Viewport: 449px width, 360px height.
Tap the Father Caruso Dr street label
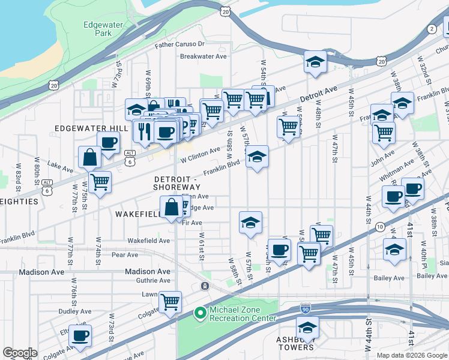click(x=179, y=44)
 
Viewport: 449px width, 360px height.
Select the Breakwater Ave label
click(x=203, y=56)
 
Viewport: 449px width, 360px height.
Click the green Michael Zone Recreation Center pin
click(x=200, y=313)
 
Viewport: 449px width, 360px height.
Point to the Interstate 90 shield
click(x=305, y=308)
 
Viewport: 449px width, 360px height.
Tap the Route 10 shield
click(x=380, y=226)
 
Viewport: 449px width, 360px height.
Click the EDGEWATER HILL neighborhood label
click(x=91, y=129)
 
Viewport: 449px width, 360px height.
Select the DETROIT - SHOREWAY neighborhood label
click(x=176, y=184)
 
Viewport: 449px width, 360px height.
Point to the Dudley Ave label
click(x=75, y=311)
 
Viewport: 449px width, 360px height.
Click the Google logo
click(x=20, y=353)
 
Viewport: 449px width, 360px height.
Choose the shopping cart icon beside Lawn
click(x=170, y=302)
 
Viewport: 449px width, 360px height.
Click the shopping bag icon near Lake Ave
click(x=89, y=157)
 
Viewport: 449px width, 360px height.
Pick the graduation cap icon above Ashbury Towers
click(x=307, y=328)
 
